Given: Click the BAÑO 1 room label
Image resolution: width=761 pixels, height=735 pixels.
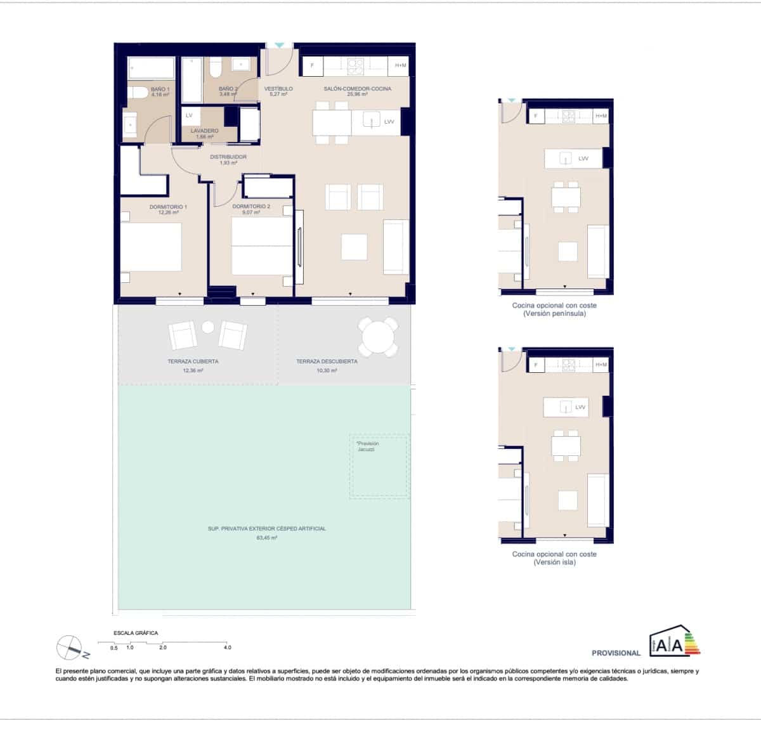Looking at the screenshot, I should coord(160,89).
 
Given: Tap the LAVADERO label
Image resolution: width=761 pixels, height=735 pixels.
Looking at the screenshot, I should coord(204,131).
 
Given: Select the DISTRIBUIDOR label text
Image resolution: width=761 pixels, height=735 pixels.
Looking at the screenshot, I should coord(228,157).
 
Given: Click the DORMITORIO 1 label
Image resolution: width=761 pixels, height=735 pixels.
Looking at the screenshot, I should coord(168,207).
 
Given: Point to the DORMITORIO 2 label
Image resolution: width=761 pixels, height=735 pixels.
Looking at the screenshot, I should coord(251,207).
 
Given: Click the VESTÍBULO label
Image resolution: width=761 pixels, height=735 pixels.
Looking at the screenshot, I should coord(278,89).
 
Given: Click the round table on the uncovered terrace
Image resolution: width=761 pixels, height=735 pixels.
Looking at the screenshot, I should coord(379,335).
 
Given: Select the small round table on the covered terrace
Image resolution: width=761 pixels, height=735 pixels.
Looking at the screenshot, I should coord(208,327).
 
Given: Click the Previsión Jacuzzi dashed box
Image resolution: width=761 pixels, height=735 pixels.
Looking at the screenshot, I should coord(379,465).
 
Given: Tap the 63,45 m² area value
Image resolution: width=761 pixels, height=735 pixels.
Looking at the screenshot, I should coord(266,537).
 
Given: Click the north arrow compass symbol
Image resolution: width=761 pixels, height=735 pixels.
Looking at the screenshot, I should coord(70,647).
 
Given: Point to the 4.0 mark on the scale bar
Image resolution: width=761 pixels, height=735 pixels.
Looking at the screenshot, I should coord(227,647).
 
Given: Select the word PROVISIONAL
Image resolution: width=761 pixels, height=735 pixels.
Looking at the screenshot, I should coord(616,653).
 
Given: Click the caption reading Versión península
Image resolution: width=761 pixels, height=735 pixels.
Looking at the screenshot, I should coord(554,313).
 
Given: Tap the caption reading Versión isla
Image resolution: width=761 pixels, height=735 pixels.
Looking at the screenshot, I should coord(554,562).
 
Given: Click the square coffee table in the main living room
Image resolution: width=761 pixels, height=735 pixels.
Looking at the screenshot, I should coord(354,246).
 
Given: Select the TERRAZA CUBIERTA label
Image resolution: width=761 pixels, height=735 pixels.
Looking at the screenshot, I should coord(193,361).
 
